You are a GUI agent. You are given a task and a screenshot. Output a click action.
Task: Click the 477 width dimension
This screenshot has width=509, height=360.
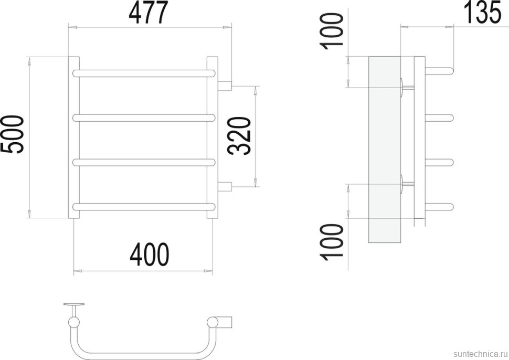click(149, 13)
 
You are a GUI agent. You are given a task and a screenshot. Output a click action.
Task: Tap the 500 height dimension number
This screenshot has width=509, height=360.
click(13, 134)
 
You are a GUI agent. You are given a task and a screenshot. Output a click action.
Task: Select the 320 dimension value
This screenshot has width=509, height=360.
click(240, 136)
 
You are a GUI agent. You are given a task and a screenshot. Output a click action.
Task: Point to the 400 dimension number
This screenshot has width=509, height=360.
click(150, 254)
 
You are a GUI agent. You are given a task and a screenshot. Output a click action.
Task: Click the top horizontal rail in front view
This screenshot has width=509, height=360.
click(144, 73)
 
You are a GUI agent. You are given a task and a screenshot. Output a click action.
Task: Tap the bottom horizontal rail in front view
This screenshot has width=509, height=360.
click(144, 207)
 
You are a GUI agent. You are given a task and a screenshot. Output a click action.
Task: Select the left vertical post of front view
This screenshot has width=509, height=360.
click(73, 137)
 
